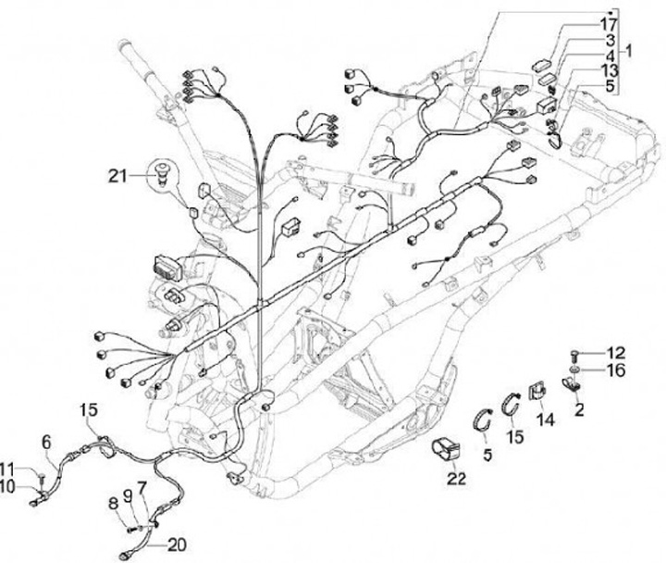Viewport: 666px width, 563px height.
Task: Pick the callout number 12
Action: [x=615, y=352]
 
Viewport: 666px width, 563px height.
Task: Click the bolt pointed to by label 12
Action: [x=575, y=353]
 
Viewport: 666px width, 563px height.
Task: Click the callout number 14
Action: [x=543, y=419]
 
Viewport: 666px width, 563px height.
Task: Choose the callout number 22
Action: [x=453, y=479]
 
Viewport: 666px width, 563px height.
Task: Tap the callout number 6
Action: [x=48, y=443]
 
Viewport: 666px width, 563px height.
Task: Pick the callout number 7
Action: [x=142, y=487]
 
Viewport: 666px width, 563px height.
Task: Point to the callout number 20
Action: [x=177, y=544]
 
